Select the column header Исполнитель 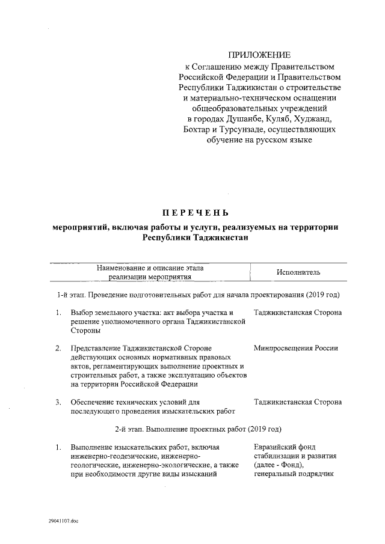(298, 272)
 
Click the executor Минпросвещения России (296, 348)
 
